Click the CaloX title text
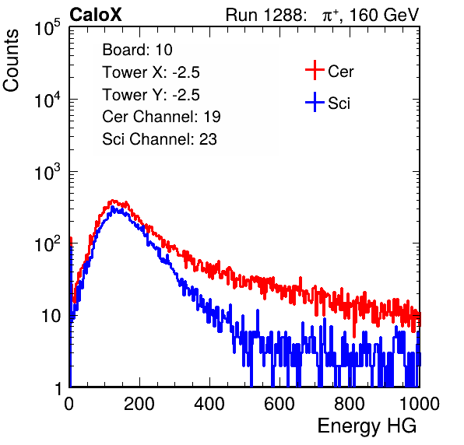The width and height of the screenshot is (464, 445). click(x=96, y=15)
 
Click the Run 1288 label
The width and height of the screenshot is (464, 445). click(x=265, y=15)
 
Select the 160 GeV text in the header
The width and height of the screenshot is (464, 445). click(x=384, y=15)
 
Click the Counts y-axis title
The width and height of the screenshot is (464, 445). click(x=11, y=61)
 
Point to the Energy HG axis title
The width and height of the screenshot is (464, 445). click(x=367, y=426)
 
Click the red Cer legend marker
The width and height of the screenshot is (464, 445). click(x=315, y=70)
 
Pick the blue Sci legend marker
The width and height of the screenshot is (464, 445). click(x=315, y=102)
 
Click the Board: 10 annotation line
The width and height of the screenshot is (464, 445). click(x=137, y=50)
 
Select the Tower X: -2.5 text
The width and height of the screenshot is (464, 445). click(x=151, y=72)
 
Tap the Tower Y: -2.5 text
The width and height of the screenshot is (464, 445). click(x=151, y=95)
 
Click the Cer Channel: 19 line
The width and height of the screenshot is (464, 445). click(x=161, y=117)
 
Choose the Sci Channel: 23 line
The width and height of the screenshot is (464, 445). click(x=160, y=139)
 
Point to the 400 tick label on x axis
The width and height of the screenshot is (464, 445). click(x=209, y=404)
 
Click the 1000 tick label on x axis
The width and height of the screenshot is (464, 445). click(x=420, y=404)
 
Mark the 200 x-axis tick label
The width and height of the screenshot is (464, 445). click(x=139, y=404)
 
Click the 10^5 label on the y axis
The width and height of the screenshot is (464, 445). click(x=47, y=28)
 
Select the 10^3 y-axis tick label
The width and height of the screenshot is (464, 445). click(x=47, y=172)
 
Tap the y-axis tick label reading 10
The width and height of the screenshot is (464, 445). click(x=51, y=316)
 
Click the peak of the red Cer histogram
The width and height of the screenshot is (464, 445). click(x=113, y=201)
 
